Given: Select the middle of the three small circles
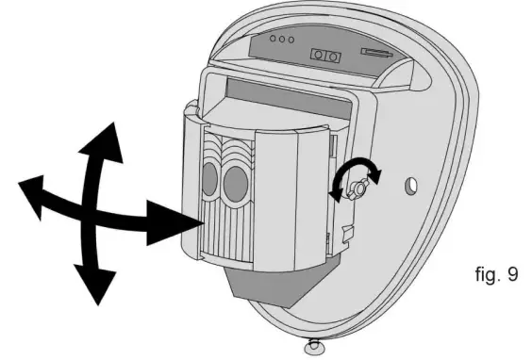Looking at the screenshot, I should (x=282, y=41).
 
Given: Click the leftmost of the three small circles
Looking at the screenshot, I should (x=272, y=40).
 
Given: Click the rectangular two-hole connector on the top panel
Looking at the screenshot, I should (x=326, y=57).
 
